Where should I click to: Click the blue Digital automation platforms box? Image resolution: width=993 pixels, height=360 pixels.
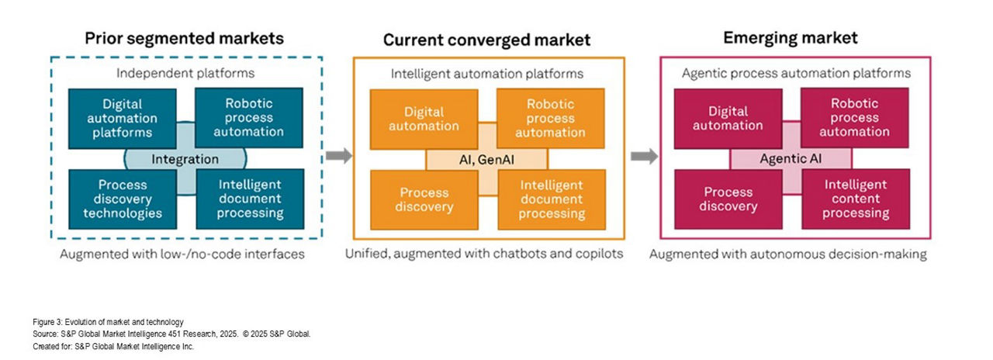123,119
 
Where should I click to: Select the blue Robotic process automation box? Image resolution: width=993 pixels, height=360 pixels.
249,118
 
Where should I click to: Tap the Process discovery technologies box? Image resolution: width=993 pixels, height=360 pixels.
123,199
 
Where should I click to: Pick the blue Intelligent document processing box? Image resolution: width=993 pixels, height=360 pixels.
250,199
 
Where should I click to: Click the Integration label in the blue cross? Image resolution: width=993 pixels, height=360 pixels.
185,159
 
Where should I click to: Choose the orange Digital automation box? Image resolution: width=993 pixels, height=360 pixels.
424,119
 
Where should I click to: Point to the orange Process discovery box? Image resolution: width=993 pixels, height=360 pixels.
424,200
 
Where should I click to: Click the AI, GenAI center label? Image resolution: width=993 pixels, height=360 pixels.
486,160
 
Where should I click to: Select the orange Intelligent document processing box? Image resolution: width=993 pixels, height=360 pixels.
552,199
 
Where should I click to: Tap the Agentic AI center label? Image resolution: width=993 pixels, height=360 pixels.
791,159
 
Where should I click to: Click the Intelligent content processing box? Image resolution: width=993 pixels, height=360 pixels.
856,199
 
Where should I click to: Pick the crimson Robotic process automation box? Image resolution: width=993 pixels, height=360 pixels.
855,118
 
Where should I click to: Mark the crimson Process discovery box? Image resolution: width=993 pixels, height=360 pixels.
728,199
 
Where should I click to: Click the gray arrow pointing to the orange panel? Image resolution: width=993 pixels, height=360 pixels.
339,156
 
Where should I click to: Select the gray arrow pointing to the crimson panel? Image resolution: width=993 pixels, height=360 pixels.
645,156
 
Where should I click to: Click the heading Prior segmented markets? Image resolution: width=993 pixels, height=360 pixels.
185,39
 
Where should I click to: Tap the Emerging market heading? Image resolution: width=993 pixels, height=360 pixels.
791,38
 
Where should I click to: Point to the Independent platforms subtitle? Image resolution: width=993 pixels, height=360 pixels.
185,73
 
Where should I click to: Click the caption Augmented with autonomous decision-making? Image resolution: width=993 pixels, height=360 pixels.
788,254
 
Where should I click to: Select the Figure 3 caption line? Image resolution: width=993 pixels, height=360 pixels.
108,322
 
